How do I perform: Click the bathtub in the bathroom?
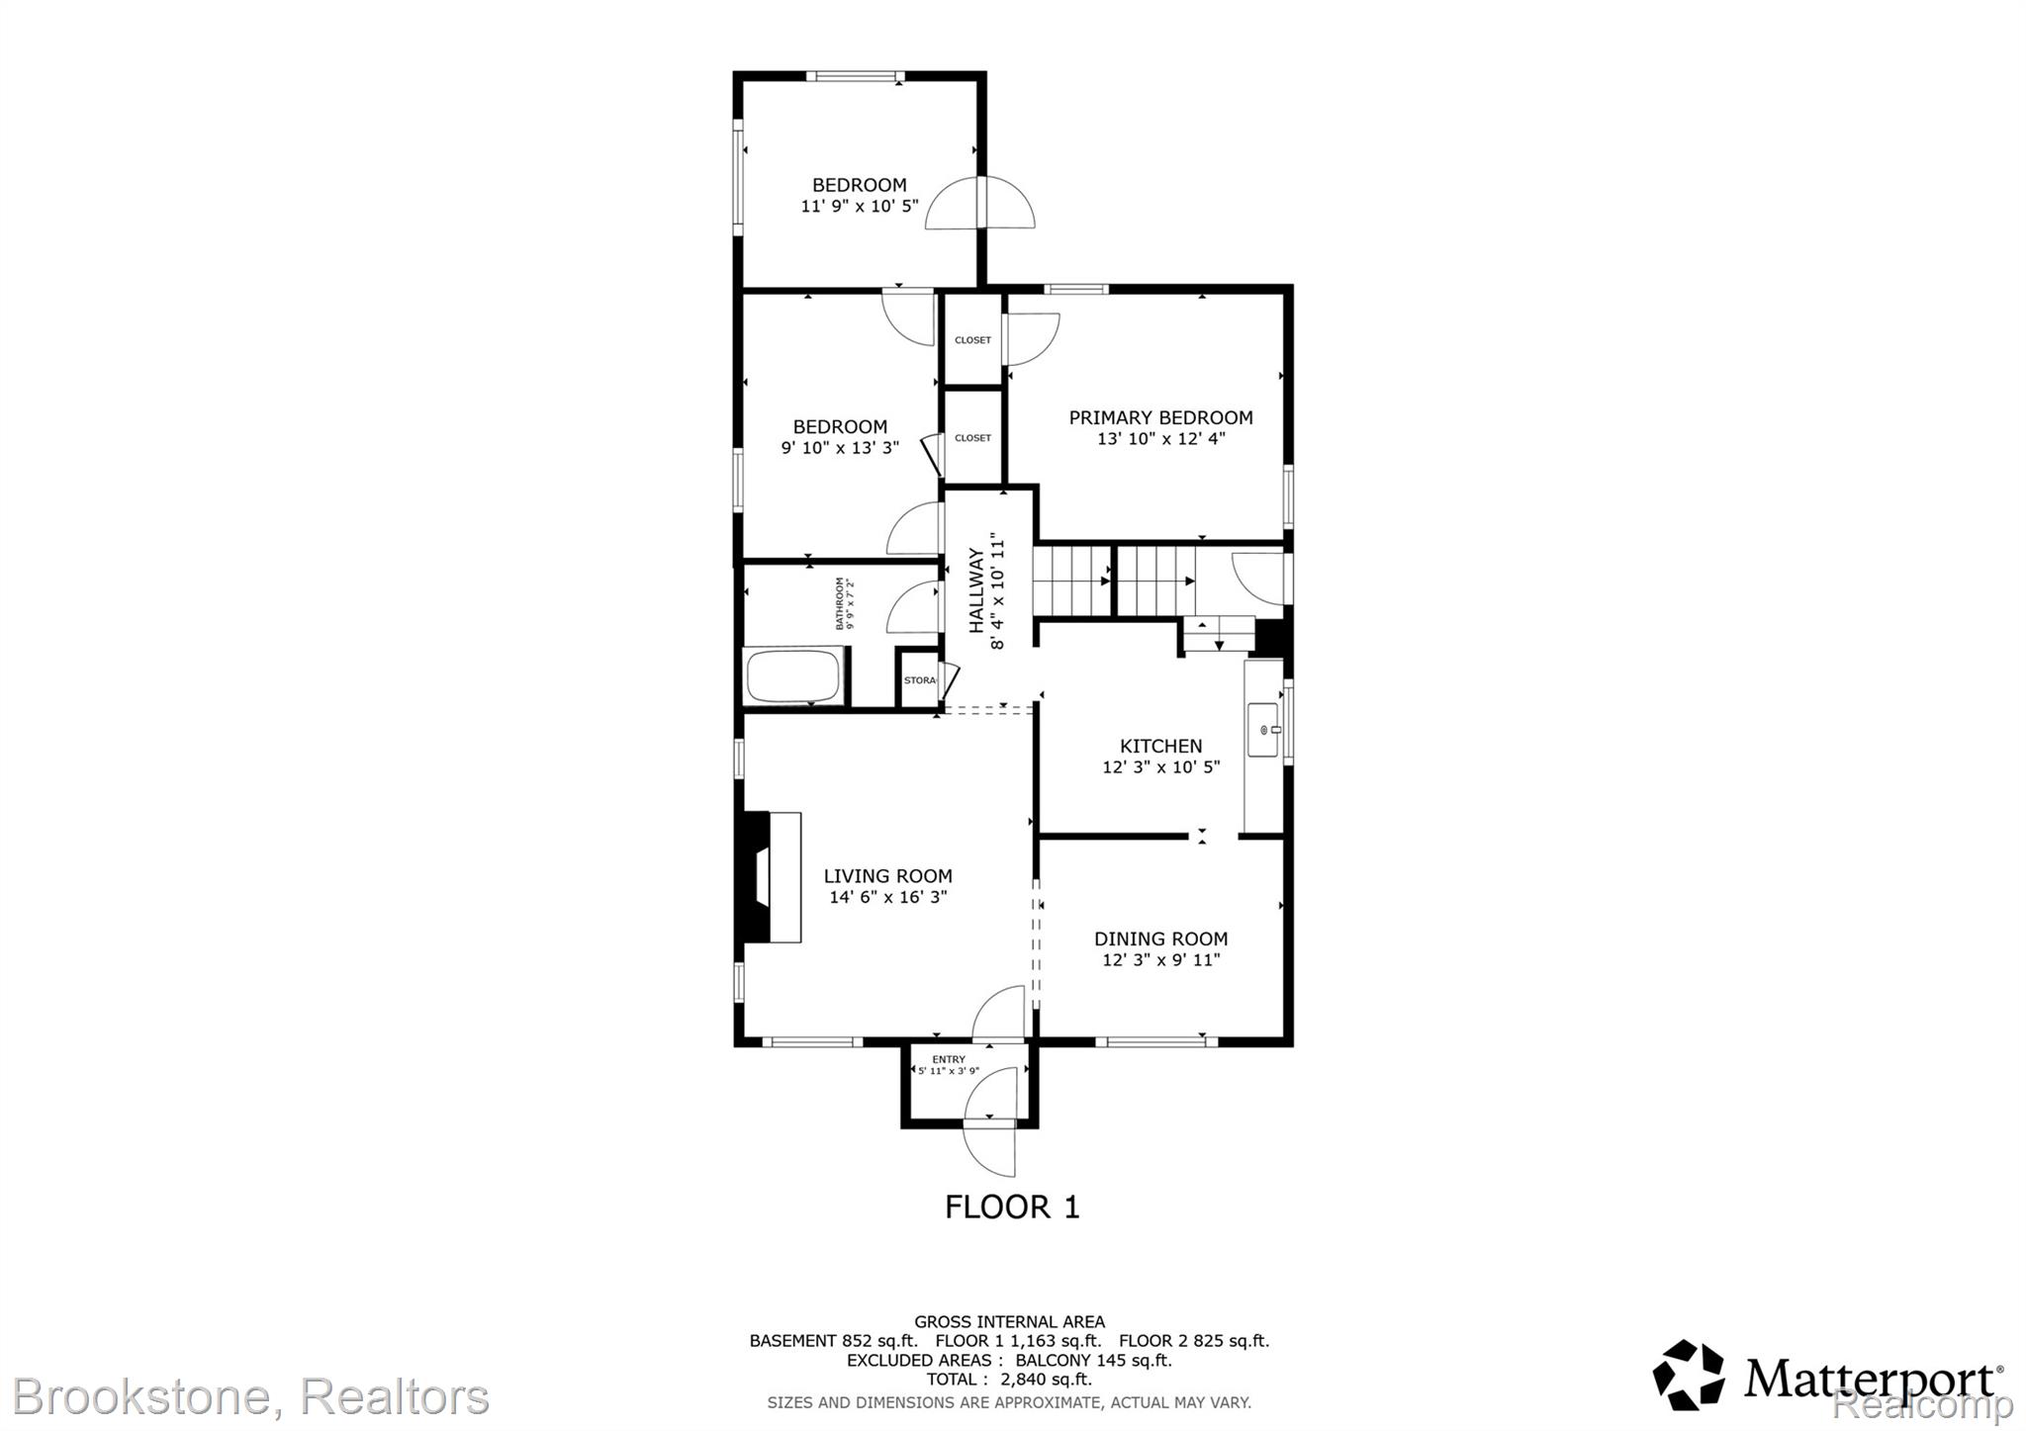tap(792, 676)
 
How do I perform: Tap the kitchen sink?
tap(1265, 730)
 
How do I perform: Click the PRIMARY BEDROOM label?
tap(1160, 417)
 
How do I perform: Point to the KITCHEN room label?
tap(1160, 746)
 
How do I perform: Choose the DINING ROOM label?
tap(1160, 939)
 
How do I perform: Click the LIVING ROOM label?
tap(887, 875)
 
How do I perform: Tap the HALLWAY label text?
tap(976, 590)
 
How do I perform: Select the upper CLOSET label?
tap(972, 340)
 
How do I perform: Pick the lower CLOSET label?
tap(972, 438)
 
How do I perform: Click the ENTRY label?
tap(948, 1059)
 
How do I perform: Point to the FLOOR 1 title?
tap(1012, 1207)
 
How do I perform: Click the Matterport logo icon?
tap(1689, 1375)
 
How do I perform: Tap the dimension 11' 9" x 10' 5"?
tap(859, 206)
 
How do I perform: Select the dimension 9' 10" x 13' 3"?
tap(840, 447)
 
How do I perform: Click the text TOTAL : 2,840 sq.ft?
tap(1009, 1379)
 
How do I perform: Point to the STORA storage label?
tap(919, 680)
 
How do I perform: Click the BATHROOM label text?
tap(841, 603)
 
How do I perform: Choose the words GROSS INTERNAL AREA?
tap(1009, 1321)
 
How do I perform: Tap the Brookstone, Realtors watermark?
tap(251, 1396)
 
